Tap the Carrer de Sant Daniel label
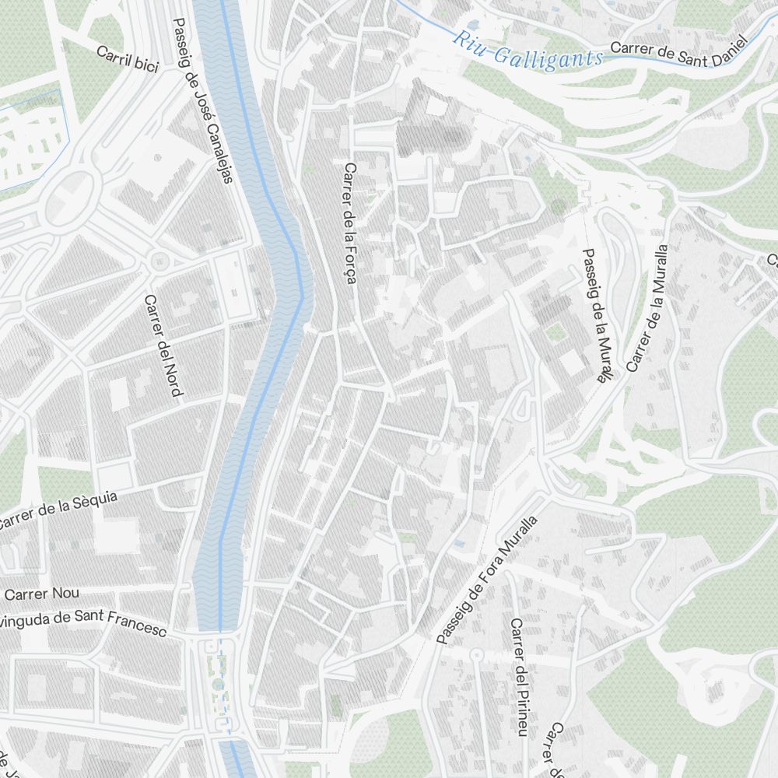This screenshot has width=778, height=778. tap(678, 46)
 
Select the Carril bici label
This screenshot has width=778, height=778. tap(128, 59)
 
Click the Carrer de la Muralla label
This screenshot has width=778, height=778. tap(647, 308)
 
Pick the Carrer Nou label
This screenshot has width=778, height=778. tap(42, 594)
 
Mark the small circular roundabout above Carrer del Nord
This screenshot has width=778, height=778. tap(159, 261)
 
